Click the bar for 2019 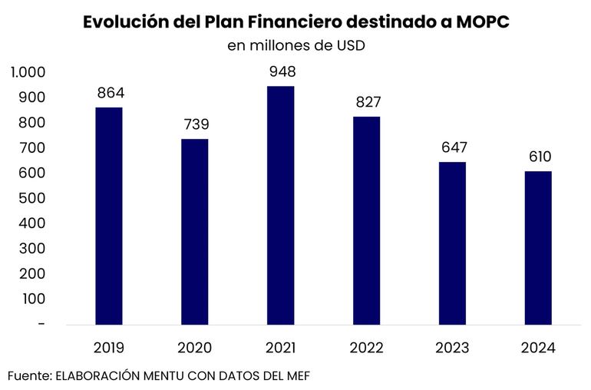tap(109, 216)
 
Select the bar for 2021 tap(280, 205)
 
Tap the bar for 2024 tap(538, 247)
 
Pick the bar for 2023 tap(452, 243)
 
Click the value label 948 tap(280, 73)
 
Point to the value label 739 tap(195, 124)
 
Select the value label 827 tap(367, 103)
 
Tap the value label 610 tap(538, 157)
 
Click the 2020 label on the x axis tap(195, 348)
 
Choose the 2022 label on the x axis tap(367, 348)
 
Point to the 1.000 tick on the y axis tap(28, 72)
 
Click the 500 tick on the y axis tap(33, 198)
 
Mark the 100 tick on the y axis tap(33, 299)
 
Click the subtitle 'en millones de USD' tap(295, 45)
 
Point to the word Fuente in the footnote tap(28, 375)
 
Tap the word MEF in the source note tap(297, 375)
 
